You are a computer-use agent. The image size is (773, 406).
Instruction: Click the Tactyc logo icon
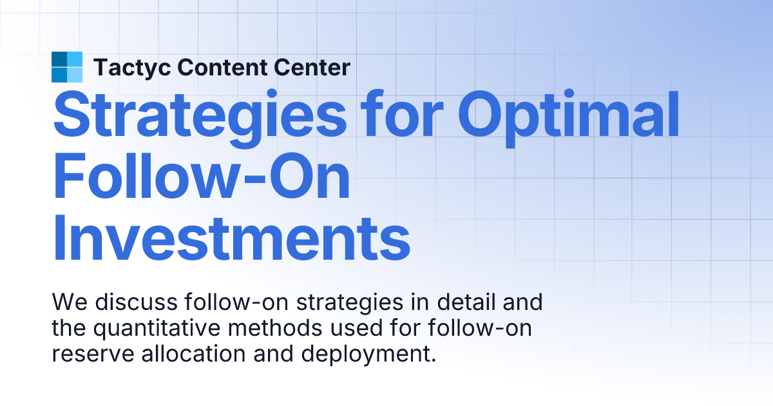pos(67,67)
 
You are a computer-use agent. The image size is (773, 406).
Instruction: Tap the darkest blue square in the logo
pos(59,59)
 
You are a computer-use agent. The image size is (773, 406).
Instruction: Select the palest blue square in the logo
pos(75,75)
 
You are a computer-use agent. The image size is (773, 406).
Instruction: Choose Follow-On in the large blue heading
pos(201,177)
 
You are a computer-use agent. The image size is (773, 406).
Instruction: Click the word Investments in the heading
pos(231,238)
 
